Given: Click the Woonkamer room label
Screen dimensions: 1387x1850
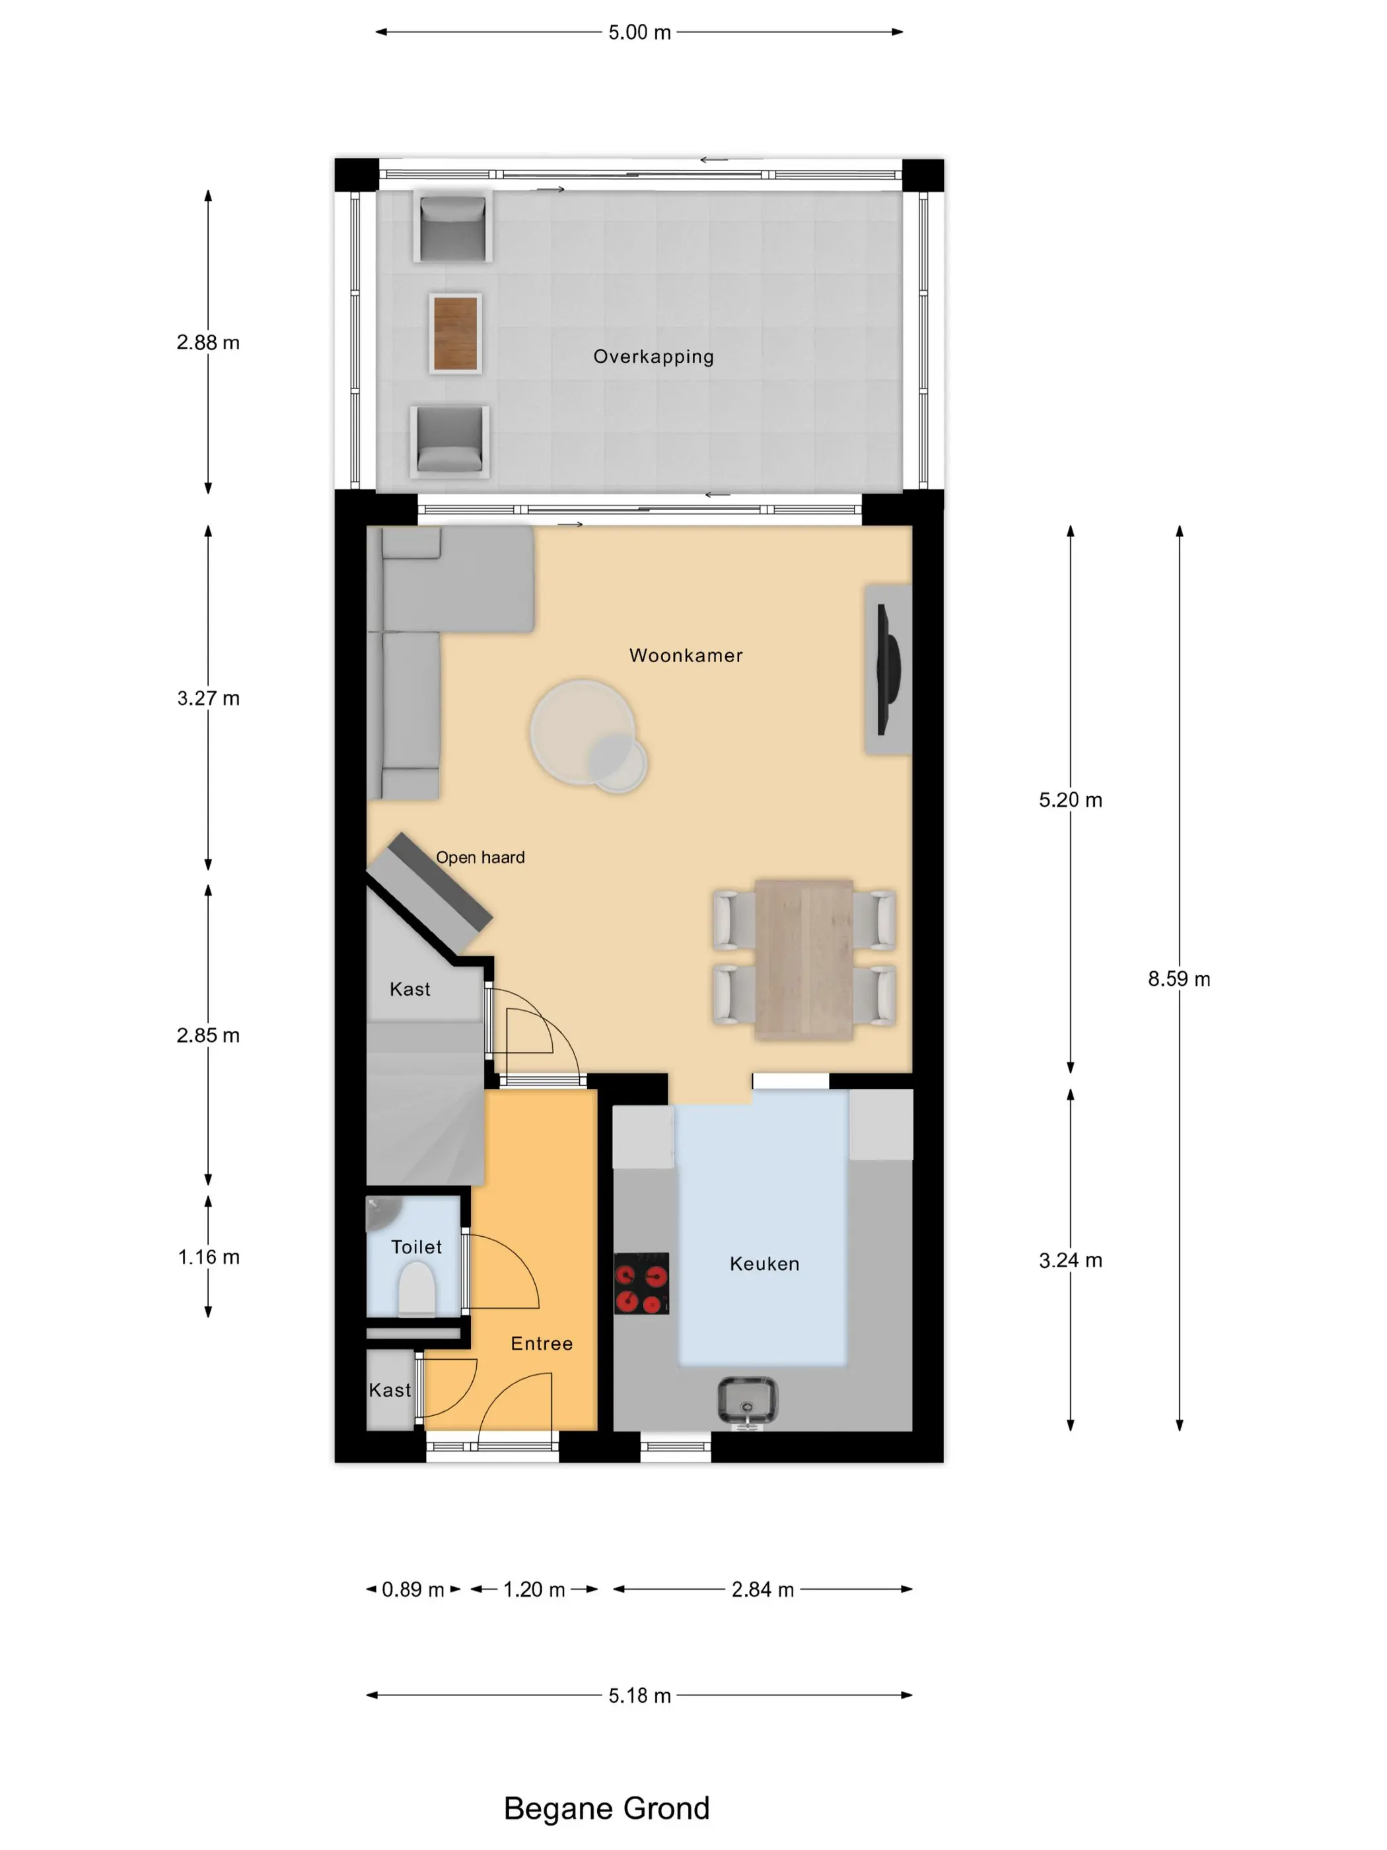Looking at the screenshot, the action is (x=686, y=655).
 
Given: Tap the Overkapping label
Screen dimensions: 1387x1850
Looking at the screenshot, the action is (x=654, y=357).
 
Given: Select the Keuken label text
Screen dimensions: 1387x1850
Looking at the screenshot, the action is (x=764, y=1264).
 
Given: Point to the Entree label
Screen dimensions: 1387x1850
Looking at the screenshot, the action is (x=542, y=1343).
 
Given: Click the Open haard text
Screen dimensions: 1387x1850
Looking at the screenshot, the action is (x=480, y=857).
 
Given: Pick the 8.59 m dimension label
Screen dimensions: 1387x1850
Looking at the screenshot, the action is (x=1179, y=979).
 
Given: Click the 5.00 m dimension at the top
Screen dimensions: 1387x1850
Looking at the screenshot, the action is (x=639, y=32).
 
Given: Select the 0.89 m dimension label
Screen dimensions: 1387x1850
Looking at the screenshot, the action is (x=413, y=1589).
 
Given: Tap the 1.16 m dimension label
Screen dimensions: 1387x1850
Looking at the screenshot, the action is (x=208, y=1257).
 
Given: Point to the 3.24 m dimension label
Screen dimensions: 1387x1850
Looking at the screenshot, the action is (x=1070, y=1261).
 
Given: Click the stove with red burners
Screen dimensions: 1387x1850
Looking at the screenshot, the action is (x=641, y=1283).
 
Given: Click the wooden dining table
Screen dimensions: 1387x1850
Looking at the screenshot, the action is (x=803, y=959).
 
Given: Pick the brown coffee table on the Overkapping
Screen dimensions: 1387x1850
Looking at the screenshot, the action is (x=456, y=333).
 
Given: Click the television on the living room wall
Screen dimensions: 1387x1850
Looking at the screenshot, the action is (x=887, y=669).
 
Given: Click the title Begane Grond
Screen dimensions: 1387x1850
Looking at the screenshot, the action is (x=606, y=1808).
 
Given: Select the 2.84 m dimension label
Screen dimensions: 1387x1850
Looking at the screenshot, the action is (x=762, y=1589).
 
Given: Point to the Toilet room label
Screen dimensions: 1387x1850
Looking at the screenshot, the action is (x=416, y=1247).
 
